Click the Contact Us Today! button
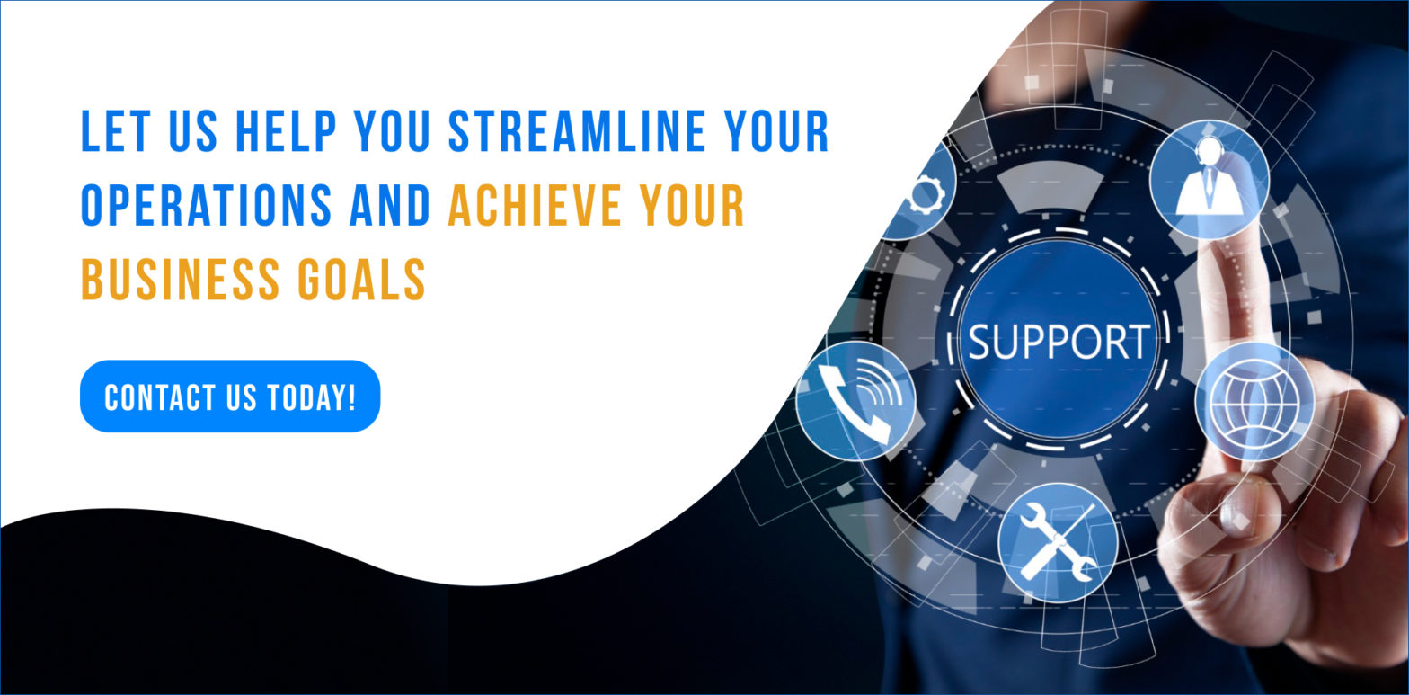230,396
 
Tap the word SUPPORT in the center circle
1059,342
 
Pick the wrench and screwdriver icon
1058,541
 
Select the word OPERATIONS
207,205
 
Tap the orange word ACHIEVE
534,205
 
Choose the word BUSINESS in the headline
181,279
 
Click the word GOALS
361,279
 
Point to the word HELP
286,131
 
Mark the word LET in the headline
116,131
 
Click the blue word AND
390,205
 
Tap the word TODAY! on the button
312,398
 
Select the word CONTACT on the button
160,398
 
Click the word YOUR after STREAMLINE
776,131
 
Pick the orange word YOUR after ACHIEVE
692,205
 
